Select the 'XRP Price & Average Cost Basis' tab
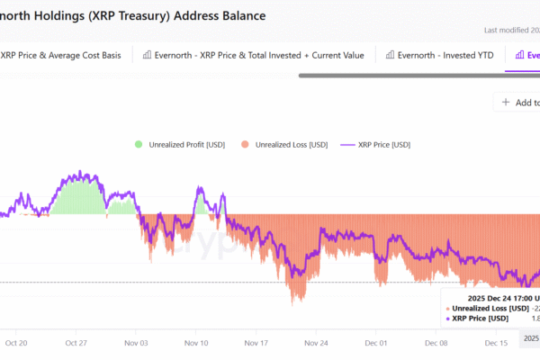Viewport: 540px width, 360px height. click(60, 55)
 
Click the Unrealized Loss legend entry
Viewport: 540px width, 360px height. click(284, 144)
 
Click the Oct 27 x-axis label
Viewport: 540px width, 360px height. click(76, 343)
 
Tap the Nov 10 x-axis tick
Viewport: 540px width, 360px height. click(196, 343)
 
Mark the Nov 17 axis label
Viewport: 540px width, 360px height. click(256, 343)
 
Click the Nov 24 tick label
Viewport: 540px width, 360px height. click(317, 343)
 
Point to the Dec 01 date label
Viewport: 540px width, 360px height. click(377, 343)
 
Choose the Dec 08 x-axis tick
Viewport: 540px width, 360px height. click(436, 343)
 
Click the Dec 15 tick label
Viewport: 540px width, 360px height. click(497, 343)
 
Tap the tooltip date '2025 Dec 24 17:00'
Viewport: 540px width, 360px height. click(499, 297)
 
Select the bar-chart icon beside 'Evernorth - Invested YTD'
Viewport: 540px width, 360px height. click(391, 55)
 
